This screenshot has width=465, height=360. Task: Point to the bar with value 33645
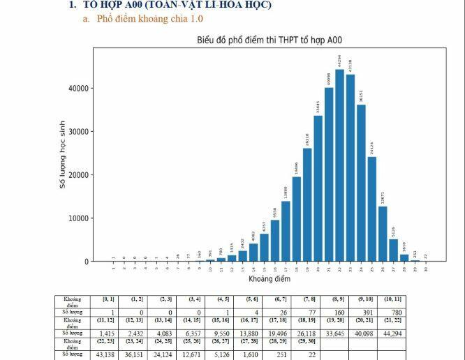[x=318, y=188]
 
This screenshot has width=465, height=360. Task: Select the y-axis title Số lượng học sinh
[x=62, y=155]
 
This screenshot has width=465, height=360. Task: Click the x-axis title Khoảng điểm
[x=269, y=279]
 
